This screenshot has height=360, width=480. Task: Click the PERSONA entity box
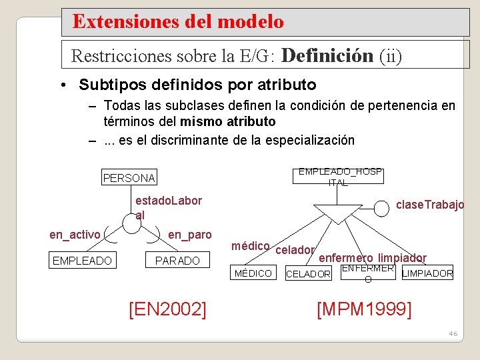pos(129,178)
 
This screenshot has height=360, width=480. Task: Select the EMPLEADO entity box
pos(82,260)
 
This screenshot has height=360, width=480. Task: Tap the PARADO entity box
pos(177,260)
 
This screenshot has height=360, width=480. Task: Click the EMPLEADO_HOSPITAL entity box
pos(339,177)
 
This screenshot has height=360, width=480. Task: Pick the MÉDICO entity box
pos(253,273)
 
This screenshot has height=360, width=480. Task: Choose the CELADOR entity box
pos(308,274)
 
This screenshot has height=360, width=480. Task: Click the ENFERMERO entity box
pos(367,273)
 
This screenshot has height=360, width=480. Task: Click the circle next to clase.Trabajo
pos(381,209)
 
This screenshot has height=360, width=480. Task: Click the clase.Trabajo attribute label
pos(430,205)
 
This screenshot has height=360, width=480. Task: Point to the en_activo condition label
pos(75,234)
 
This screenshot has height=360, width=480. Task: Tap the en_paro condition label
pos(189,234)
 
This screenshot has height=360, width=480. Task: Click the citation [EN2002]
pos(167,309)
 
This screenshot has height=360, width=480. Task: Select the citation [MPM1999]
pos(364,309)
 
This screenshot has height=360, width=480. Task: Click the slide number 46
pos(453,333)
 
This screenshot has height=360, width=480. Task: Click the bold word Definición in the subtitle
pos(327,55)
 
